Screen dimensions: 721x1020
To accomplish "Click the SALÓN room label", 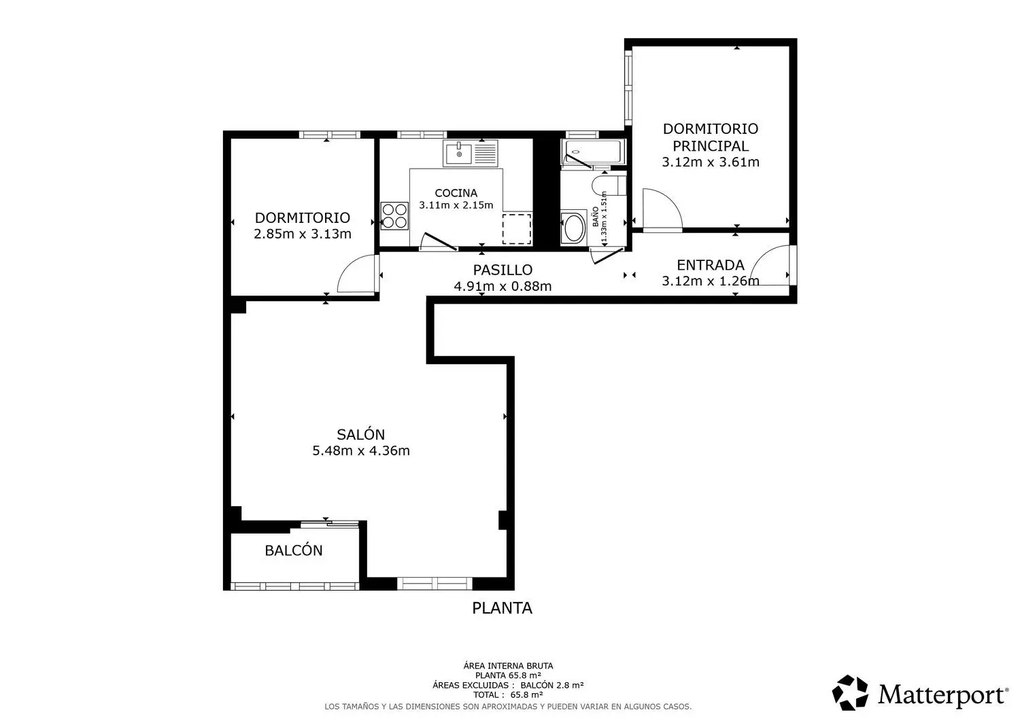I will click(361, 434).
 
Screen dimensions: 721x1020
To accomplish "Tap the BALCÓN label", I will click(294, 550).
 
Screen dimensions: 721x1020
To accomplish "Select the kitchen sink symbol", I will click(471, 154).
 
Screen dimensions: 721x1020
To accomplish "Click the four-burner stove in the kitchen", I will click(394, 215).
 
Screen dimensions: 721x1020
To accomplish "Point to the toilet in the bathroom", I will click(609, 184).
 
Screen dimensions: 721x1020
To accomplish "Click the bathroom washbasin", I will click(573, 228).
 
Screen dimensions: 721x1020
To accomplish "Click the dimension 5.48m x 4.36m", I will click(361, 451).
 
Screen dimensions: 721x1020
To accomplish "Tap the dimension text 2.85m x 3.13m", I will click(303, 234).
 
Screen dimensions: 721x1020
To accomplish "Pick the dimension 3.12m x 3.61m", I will click(711, 162).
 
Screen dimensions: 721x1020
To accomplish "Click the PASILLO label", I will click(503, 270).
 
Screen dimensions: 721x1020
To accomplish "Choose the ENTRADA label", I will click(711, 265).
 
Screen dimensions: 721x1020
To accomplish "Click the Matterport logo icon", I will click(851, 693).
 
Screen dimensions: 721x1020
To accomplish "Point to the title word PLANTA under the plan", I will click(502, 608).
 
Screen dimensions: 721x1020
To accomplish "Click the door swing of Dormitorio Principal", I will click(661, 209).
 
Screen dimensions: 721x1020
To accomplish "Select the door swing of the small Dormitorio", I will click(356, 274).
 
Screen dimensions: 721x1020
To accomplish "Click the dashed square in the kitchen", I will click(517, 228).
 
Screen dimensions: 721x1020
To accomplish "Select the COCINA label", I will click(456, 193).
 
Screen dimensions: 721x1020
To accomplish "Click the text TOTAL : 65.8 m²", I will click(508, 694).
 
